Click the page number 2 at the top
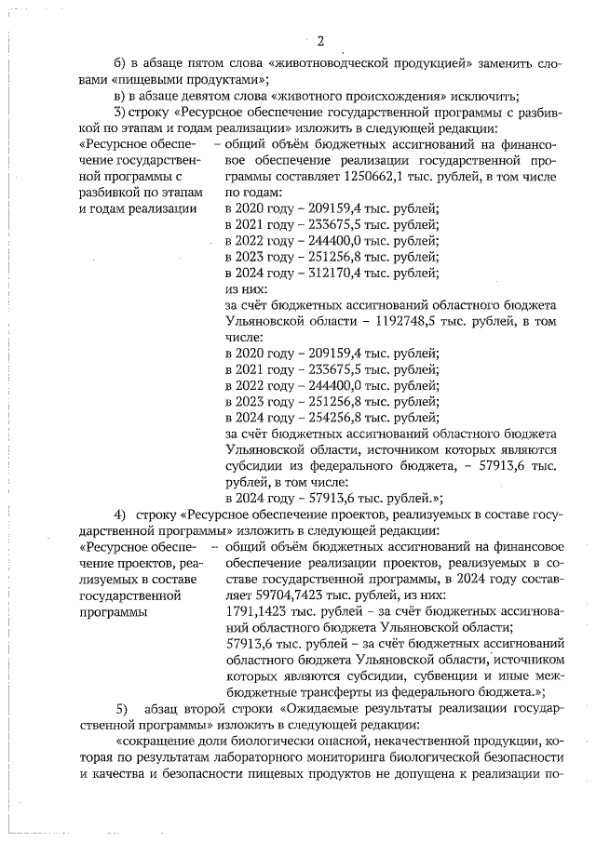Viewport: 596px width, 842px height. [319, 40]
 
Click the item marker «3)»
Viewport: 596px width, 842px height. [119, 113]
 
